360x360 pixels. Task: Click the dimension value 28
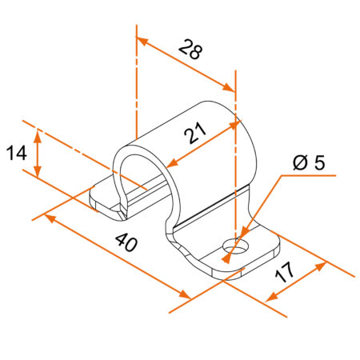(190, 50)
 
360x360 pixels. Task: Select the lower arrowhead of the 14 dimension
(38, 174)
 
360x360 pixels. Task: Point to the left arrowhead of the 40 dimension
(49, 216)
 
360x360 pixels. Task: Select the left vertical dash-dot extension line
(137, 88)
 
